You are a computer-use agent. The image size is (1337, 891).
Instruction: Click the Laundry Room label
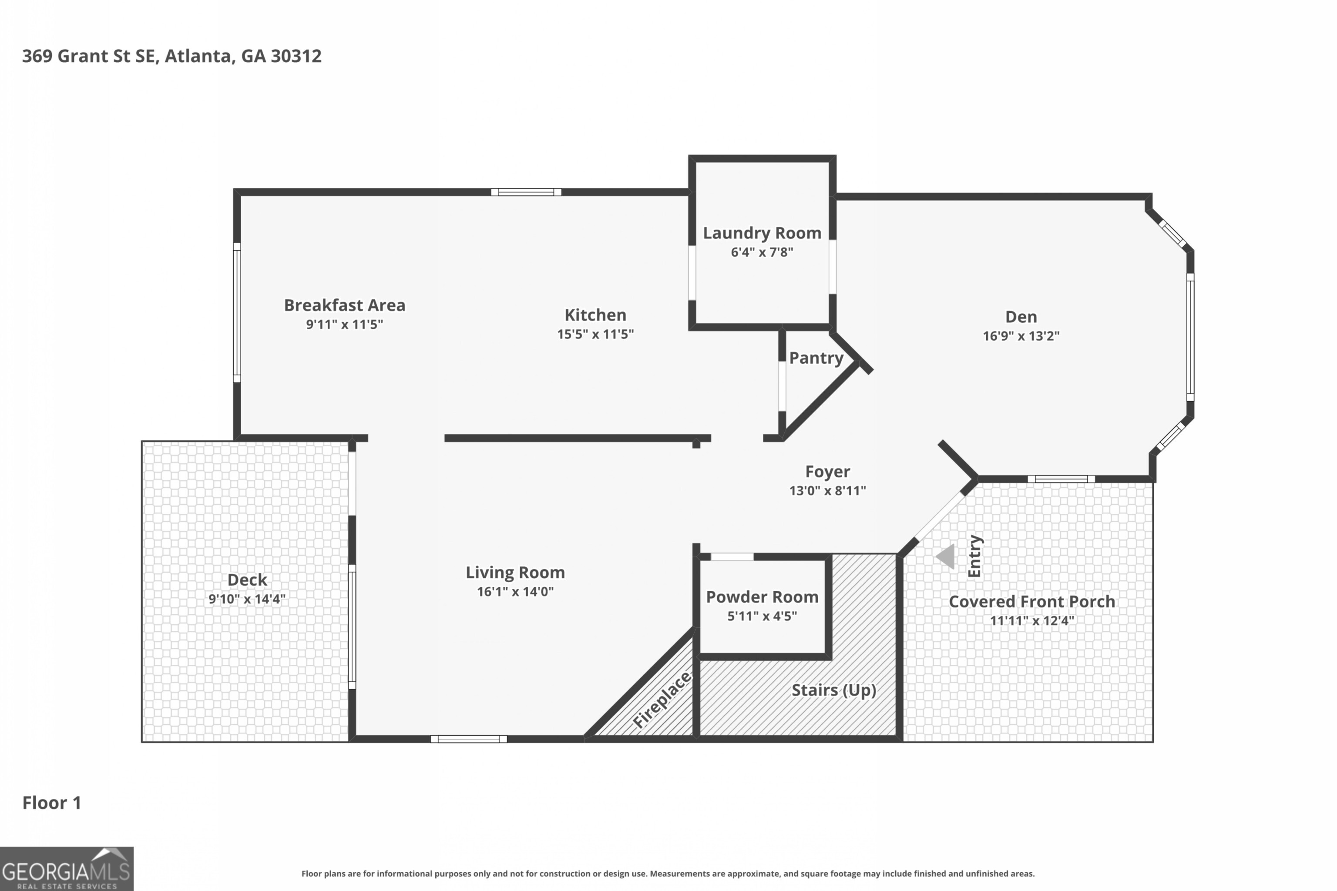762,233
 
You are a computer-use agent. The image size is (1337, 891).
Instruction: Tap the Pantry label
816,358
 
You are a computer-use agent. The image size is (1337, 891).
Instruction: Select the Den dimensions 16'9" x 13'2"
1021,336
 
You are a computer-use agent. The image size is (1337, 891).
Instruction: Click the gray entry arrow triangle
945,556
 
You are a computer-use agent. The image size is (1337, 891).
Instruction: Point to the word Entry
974,556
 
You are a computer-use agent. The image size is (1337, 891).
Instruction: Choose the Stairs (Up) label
833,690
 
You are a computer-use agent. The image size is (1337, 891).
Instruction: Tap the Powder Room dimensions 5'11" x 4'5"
762,616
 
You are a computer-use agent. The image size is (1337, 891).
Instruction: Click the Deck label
247,579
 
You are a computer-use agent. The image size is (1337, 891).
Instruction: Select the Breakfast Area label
345,305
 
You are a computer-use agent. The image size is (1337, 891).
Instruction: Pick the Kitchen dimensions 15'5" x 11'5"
595,334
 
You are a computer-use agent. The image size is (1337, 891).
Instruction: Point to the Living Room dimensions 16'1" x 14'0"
515,592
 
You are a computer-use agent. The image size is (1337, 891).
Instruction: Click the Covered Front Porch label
1032,601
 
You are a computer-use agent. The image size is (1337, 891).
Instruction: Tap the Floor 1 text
52,803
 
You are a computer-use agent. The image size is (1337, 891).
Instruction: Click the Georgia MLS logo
67,868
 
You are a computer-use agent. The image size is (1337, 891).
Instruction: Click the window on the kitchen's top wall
526,192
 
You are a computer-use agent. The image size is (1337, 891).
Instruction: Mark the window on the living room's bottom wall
468,739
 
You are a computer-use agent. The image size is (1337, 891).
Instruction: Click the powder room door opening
732,557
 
